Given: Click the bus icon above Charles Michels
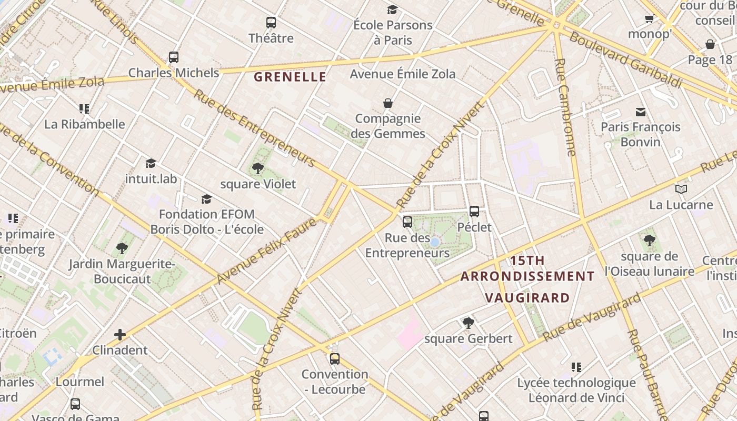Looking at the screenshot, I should [174, 57].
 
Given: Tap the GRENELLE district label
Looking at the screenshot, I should [290, 77].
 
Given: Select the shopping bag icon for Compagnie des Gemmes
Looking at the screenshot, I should [388, 103].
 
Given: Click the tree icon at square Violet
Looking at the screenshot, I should [257, 168].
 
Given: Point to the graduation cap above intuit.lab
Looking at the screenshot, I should [151, 163].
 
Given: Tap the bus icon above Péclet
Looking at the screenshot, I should [474, 212].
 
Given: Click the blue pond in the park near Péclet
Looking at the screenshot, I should [435, 242].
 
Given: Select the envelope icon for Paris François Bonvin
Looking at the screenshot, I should [641, 112].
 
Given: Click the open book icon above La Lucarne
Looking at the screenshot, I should [681, 189].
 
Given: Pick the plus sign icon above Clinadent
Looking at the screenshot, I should [120, 334].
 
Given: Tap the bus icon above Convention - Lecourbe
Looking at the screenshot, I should [335, 359].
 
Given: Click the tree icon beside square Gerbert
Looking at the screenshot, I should [468, 323].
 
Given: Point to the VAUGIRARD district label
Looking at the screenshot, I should [527, 298].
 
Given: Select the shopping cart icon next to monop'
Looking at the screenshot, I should [649, 19].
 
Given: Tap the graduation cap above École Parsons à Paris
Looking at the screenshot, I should [392, 9].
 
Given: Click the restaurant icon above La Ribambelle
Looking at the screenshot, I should [84, 109].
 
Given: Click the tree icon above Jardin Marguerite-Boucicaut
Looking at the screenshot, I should [122, 248].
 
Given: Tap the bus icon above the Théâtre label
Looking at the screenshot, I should [271, 23].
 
